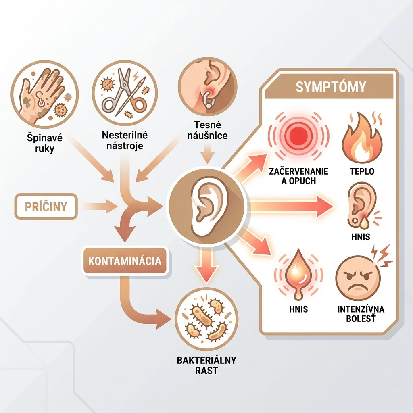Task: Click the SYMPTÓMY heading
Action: (x=331, y=87)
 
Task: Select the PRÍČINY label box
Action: (x=46, y=206)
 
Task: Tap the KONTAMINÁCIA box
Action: (x=125, y=261)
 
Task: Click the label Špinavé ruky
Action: (x=45, y=143)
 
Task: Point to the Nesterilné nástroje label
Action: (x=125, y=140)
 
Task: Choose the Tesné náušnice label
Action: (x=207, y=130)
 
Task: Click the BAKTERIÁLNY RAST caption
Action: (x=206, y=365)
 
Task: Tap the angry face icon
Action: (x=358, y=279)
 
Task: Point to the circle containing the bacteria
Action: (x=206, y=319)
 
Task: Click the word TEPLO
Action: (x=362, y=171)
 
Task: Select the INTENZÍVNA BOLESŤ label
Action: (x=361, y=314)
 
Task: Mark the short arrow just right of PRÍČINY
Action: (x=101, y=206)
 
